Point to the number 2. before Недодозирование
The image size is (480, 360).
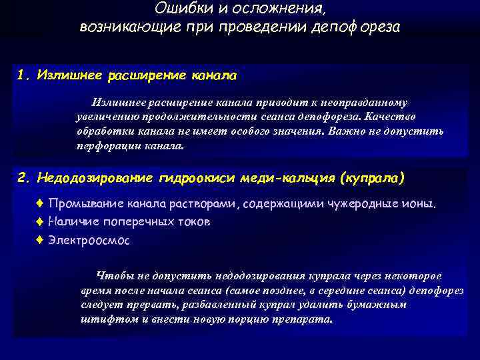click(x=25, y=178)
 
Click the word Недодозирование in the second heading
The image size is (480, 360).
click(x=96, y=178)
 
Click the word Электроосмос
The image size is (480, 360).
click(x=89, y=240)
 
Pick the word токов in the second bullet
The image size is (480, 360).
click(x=192, y=222)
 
